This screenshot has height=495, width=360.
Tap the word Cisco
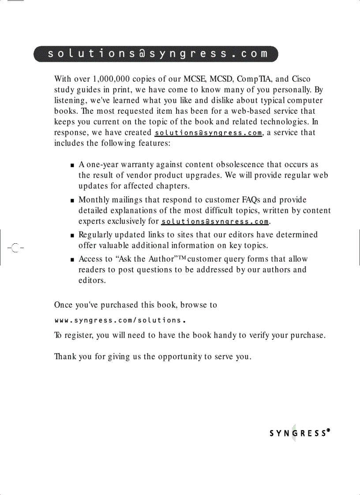pos(301,79)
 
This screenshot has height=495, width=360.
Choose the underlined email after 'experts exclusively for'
pos(215,221)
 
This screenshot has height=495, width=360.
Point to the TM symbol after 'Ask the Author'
pos(182,258)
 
